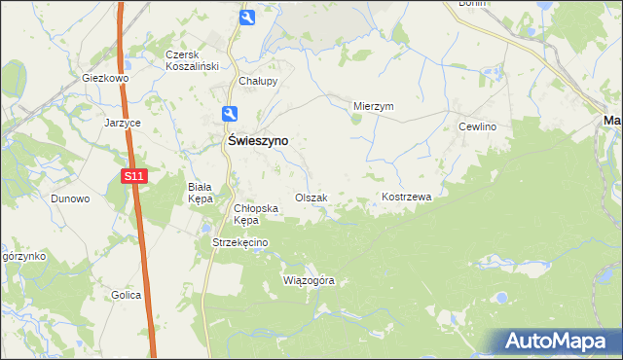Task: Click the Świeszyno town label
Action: pos(257,140)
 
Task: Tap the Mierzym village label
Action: pos(373,107)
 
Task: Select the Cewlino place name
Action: pos(478,127)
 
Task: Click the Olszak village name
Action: pos(311,198)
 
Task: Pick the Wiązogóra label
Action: pos(309,280)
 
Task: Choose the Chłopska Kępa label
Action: pos(257,214)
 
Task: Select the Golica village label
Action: pos(127,295)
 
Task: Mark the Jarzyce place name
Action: pos(124,124)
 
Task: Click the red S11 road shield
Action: pos(134,176)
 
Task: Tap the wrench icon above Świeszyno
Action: pos(229,113)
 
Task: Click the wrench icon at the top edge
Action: pos(247,17)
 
